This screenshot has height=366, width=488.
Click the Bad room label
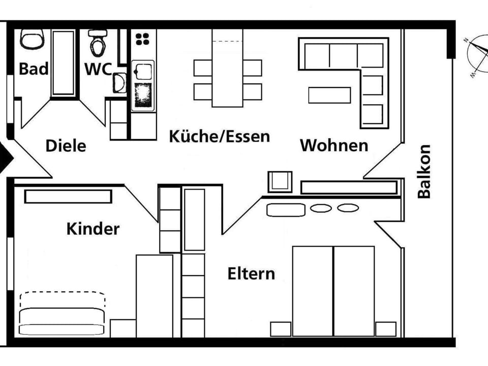34,69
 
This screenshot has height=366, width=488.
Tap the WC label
98,69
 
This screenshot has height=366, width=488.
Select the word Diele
66,146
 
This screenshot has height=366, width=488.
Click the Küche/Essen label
220,136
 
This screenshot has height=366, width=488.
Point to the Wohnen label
334,145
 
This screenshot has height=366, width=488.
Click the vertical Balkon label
424,171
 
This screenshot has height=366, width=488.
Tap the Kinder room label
93,229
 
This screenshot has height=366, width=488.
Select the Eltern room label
251,273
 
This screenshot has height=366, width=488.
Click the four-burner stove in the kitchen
142,39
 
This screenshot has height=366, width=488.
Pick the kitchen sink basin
143,71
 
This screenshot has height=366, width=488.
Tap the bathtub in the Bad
63,63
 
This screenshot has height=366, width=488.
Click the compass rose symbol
478,56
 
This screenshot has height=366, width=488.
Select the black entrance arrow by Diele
5,158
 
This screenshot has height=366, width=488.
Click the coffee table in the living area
329,95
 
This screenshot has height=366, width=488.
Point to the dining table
228,68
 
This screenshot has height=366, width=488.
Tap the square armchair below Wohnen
280,182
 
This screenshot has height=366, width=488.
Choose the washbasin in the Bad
32,39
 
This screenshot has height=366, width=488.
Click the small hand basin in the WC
119,83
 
